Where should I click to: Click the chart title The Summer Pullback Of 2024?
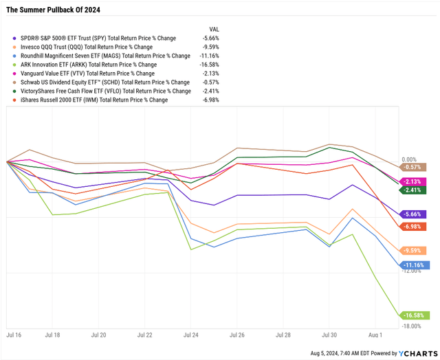pos(52,9)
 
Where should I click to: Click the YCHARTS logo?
pos(413,353)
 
